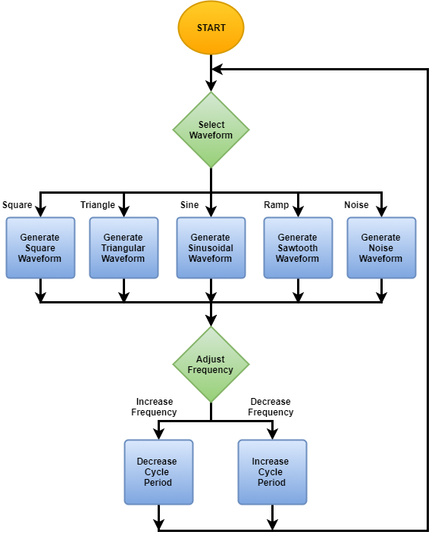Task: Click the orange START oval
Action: click(x=211, y=27)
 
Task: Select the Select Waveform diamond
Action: click(x=211, y=129)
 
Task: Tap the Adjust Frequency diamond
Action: click(x=211, y=365)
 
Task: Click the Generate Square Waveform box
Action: click(x=40, y=247)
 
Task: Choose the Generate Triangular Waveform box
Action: click(x=124, y=247)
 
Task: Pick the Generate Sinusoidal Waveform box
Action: click(x=211, y=247)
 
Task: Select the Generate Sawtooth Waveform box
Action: click(x=298, y=247)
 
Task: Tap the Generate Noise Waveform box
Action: click(x=381, y=247)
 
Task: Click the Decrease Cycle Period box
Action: click(x=158, y=472)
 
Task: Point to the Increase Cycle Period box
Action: click(x=272, y=472)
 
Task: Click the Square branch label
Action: click(x=17, y=205)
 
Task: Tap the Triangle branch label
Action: click(x=98, y=205)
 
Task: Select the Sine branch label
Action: click(x=189, y=205)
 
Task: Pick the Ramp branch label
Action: click(x=277, y=205)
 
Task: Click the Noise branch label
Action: click(x=356, y=205)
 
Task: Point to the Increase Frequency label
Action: click(x=155, y=407)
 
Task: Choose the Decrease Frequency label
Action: click(x=271, y=407)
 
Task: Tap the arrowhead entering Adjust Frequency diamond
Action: click(x=211, y=321)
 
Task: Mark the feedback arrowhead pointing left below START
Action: click(x=217, y=70)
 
